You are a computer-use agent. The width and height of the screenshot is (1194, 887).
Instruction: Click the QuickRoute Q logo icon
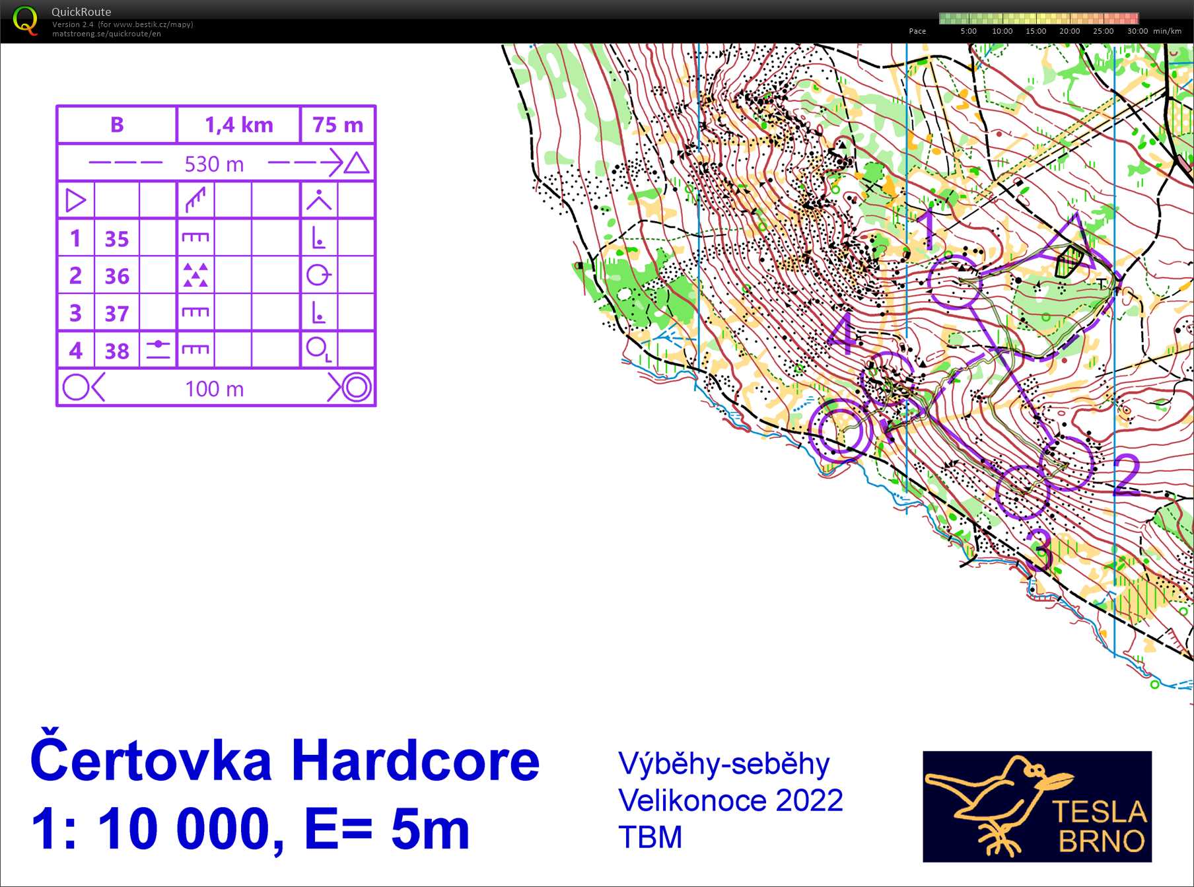pos(25,20)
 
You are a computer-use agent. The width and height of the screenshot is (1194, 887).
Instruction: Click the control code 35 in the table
pos(117,238)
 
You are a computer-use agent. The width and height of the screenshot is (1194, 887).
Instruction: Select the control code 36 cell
pos(117,275)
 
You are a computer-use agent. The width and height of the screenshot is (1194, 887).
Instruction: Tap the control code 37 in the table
pos(117,313)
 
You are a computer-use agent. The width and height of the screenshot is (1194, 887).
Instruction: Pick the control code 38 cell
pos(117,351)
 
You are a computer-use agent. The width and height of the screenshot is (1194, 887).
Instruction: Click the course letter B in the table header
pos(117,125)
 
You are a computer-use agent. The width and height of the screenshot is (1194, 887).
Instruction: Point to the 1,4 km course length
pos(238,125)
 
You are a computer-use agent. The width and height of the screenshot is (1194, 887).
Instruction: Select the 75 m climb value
pos(337,125)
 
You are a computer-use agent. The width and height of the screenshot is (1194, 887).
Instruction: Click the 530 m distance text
pos(214,164)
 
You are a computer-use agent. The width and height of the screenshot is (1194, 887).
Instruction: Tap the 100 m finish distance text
pos(214,388)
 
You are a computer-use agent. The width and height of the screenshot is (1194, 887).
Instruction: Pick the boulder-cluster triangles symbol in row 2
pos(195,275)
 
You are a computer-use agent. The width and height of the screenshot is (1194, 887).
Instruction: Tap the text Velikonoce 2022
pos(730,800)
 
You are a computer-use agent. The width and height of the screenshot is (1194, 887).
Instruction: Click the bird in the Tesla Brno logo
pos(991,799)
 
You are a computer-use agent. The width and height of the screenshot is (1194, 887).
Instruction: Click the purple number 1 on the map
pos(929,229)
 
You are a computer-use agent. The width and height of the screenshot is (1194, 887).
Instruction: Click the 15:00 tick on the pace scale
pos(1036,31)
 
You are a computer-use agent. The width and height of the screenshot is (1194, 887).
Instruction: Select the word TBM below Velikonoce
pos(650,837)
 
